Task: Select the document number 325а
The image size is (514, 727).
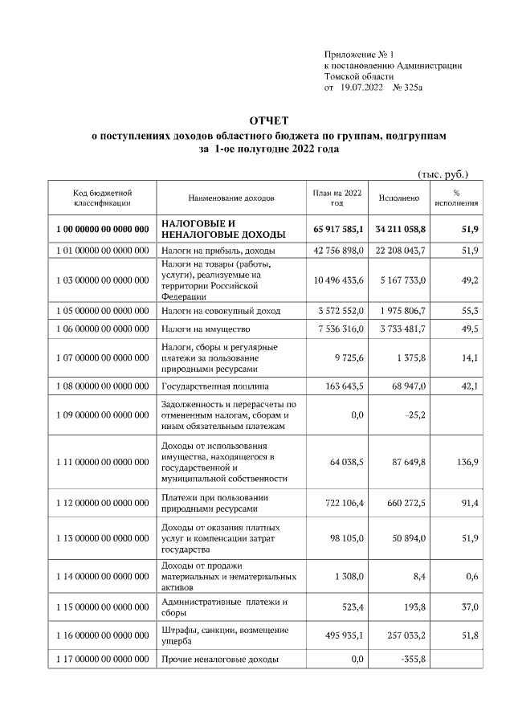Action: pyautogui.click(x=409, y=86)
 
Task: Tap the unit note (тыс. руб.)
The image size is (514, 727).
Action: pyautogui.click(x=443, y=174)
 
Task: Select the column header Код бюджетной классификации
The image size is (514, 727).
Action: pyautogui.click(x=102, y=198)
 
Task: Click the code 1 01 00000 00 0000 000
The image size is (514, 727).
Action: pyautogui.click(x=103, y=251)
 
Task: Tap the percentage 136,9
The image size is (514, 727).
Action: pyautogui.click(x=467, y=462)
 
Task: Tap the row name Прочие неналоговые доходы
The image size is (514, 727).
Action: pyautogui.click(x=220, y=660)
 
